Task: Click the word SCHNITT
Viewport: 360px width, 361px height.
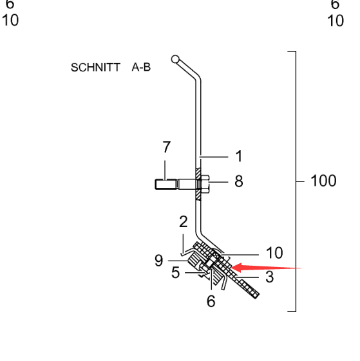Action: tap(95, 68)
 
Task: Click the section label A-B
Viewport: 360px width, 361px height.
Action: tap(141, 67)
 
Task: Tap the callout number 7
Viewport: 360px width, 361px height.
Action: tap(166, 147)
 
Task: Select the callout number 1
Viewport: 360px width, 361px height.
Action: tap(239, 156)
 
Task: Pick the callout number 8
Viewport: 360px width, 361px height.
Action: tap(239, 181)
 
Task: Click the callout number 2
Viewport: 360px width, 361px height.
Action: tap(184, 222)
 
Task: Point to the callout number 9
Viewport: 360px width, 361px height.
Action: tap(159, 261)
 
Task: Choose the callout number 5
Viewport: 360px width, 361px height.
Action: tap(175, 273)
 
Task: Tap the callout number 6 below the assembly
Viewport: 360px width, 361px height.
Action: tap(211, 301)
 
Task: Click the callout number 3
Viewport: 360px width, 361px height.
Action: tap(270, 277)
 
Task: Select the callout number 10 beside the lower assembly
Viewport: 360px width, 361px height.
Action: tap(274, 253)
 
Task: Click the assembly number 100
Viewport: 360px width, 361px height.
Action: tap(323, 181)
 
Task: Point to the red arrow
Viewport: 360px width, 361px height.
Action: tap(266, 268)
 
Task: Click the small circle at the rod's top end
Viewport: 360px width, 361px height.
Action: tap(175, 59)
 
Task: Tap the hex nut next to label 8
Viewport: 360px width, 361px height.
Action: tap(205, 184)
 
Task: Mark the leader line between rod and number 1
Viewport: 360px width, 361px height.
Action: tap(214, 157)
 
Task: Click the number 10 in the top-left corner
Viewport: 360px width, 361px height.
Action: tap(10, 20)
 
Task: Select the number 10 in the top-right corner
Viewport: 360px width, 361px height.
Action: tap(336, 21)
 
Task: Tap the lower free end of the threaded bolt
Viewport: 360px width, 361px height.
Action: tap(257, 296)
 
